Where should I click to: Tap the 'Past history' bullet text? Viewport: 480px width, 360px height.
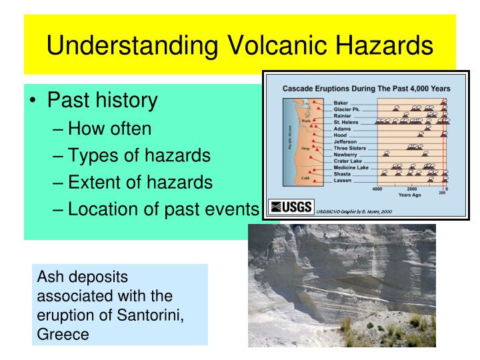tap(102, 100)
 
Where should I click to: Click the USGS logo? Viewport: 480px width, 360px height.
tap(290, 207)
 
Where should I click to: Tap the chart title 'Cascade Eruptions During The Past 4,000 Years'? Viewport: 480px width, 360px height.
tap(367, 89)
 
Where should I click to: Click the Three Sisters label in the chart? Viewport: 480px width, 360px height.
tap(352, 147)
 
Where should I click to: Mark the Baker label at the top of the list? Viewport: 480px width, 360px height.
tap(341, 103)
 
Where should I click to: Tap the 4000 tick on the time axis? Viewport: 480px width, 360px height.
tap(377, 189)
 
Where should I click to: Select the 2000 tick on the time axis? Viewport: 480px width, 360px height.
tap(411, 189)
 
